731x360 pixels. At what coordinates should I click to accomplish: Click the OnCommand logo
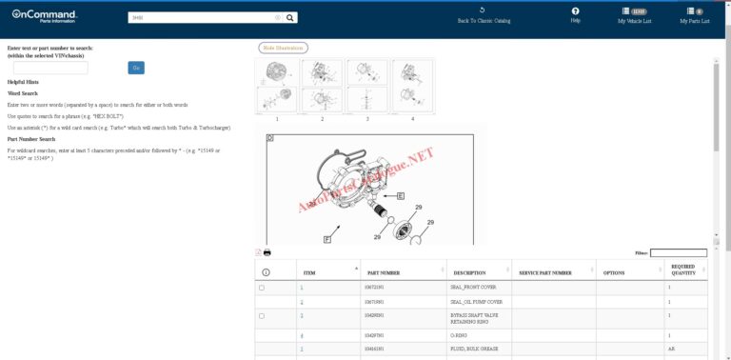pos(44,16)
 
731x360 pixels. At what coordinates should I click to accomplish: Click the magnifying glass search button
pos(290,17)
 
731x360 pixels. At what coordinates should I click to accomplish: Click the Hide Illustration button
pos(283,48)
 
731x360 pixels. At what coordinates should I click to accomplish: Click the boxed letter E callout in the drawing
pos(400,195)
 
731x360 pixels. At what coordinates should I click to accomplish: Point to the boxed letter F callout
pos(326,238)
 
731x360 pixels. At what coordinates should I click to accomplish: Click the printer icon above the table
pos(267,252)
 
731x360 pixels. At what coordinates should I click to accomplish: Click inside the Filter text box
pos(678,253)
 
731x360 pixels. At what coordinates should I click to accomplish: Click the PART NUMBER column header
pos(384,272)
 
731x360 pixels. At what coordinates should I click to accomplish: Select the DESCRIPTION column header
pos(469,272)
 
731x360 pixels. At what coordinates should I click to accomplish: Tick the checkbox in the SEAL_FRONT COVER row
pos(262,288)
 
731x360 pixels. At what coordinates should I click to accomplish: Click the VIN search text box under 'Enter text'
pos(50,68)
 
